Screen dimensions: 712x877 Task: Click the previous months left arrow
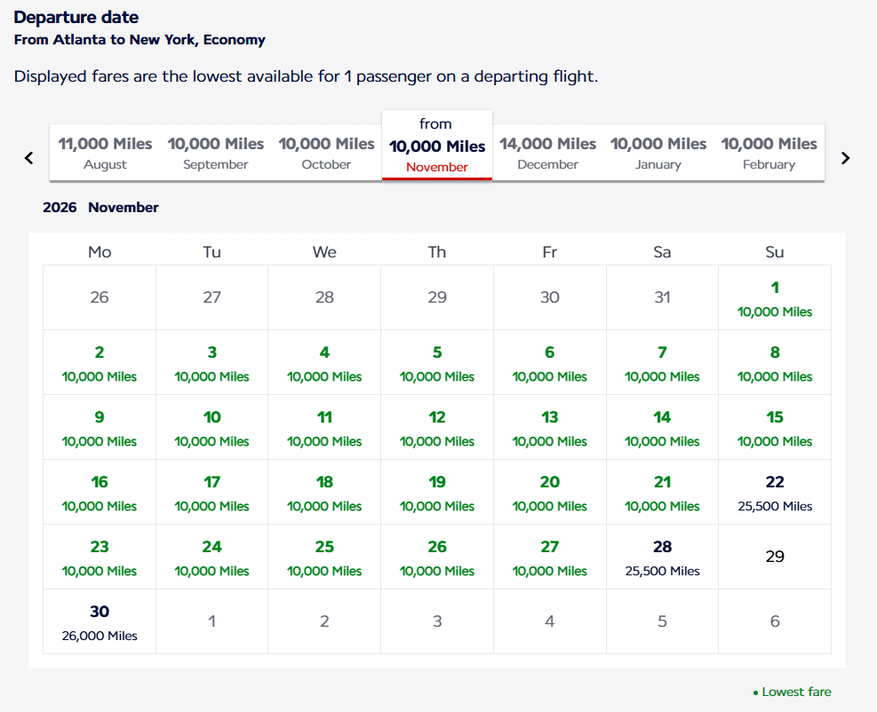point(28,158)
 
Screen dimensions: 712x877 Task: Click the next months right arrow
point(845,158)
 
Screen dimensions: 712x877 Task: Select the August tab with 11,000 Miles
point(105,153)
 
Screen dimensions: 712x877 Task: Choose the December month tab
point(547,153)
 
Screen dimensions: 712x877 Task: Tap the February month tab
point(769,153)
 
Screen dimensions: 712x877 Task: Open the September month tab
point(216,153)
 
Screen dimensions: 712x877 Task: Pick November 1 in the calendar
point(775,298)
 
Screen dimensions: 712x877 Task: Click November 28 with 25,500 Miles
point(662,558)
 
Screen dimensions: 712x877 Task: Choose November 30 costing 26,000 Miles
point(100,622)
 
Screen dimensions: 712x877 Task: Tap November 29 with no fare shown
point(775,557)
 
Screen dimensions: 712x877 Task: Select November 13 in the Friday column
point(550,428)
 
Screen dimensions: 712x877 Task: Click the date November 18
point(324,493)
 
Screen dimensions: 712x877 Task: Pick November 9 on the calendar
point(100,428)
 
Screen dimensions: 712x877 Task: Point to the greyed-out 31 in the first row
point(662,297)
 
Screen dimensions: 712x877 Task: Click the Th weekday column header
point(437,252)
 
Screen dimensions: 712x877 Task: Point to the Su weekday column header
point(775,252)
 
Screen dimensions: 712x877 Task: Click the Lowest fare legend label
point(796,692)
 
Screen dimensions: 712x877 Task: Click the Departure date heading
point(76,17)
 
